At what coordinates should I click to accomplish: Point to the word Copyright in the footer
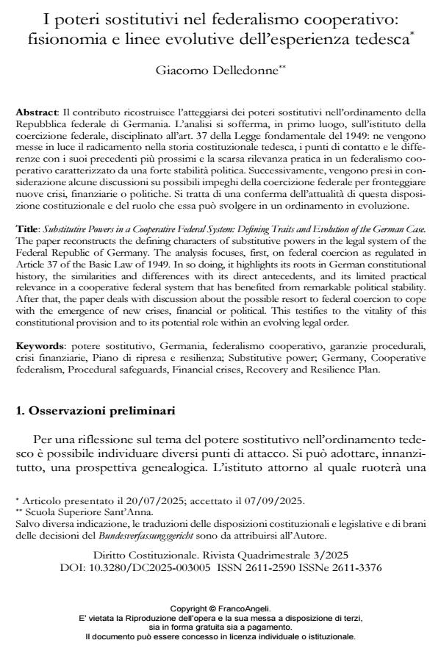click(x=190, y=609)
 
